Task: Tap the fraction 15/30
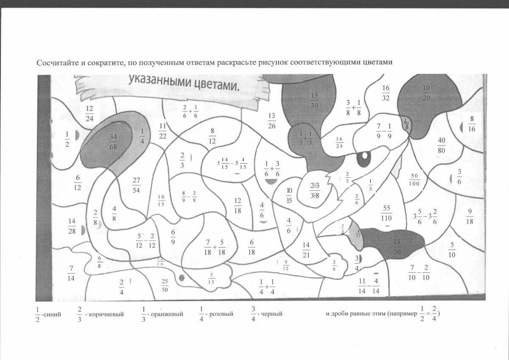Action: (314, 100)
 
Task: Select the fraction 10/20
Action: (426, 93)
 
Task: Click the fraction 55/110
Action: (386, 213)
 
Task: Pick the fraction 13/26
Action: (272, 121)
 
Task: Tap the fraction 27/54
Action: (136, 185)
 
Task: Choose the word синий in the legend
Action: (54, 314)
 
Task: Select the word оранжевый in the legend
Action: (169, 314)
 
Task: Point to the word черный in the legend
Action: (272, 314)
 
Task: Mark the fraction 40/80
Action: (442, 145)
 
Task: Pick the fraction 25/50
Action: (165, 286)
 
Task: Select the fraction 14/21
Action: (306, 250)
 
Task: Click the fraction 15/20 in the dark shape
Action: (397, 246)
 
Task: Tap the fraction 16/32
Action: (386, 93)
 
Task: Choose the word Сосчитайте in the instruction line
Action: (58, 63)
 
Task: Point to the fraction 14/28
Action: (72, 226)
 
